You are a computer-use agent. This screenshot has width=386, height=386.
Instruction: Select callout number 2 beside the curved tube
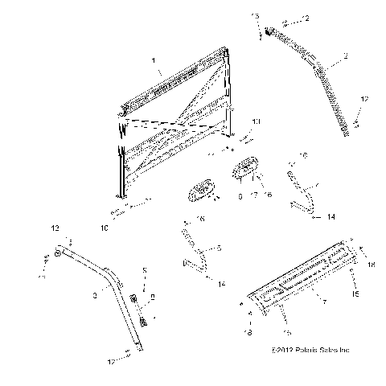344,58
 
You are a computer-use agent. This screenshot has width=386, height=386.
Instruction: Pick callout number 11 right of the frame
257,121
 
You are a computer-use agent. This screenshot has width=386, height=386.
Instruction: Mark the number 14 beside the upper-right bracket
331,216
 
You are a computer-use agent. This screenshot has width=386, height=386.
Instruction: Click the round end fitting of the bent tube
60,255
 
